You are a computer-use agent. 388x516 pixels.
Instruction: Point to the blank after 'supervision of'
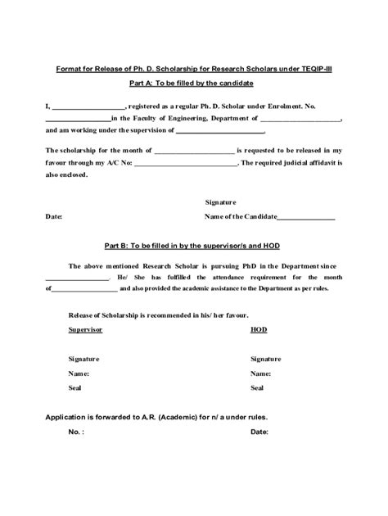click(x=220, y=130)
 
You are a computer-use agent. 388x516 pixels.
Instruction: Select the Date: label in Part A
click(x=53, y=217)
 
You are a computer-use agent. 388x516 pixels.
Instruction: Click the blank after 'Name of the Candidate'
click(x=306, y=217)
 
